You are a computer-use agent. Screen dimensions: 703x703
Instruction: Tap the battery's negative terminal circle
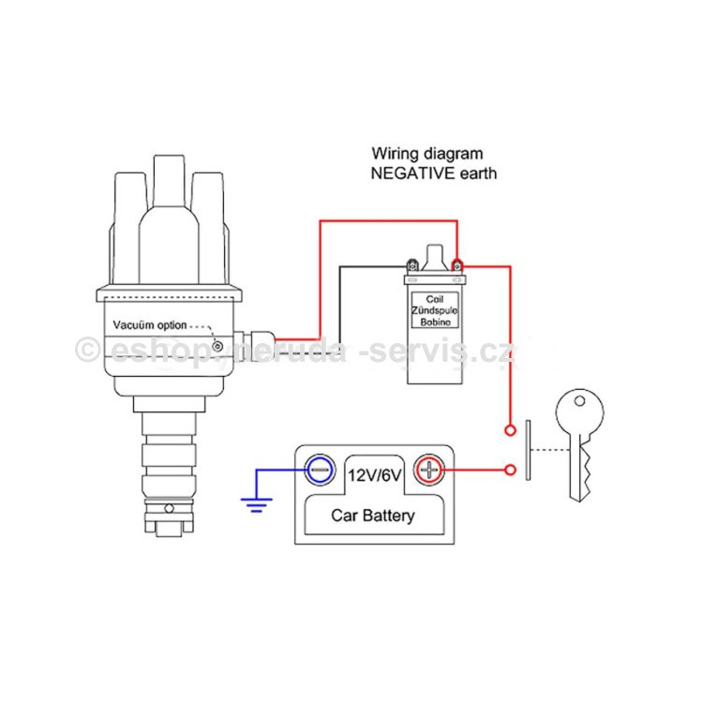pos(321,470)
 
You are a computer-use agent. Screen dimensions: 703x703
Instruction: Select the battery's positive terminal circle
pos(428,470)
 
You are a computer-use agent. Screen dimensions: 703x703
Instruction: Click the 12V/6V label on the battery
pos(374,475)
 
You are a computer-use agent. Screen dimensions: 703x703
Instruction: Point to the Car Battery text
pos(372,516)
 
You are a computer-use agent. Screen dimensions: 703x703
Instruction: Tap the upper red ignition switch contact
pos(510,430)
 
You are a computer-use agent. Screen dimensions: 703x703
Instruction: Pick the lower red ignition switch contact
pos(510,470)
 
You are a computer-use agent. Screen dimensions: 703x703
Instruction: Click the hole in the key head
pos(579,401)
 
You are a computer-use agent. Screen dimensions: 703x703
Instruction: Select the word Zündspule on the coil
pos(434,310)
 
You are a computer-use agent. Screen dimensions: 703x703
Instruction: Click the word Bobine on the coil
pos(435,322)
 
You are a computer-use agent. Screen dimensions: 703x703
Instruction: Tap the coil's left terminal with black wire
pos(412,265)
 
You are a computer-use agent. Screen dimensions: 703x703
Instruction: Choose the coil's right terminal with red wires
pos(456,265)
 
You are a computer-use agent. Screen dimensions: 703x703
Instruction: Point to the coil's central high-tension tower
pos(434,258)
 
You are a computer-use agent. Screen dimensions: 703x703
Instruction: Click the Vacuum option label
pos(150,325)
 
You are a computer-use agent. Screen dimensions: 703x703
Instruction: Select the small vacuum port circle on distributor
pos(217,346)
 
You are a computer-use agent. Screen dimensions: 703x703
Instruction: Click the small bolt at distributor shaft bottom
pos(169,508)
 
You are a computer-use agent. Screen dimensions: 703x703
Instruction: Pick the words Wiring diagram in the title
pos(427,154)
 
